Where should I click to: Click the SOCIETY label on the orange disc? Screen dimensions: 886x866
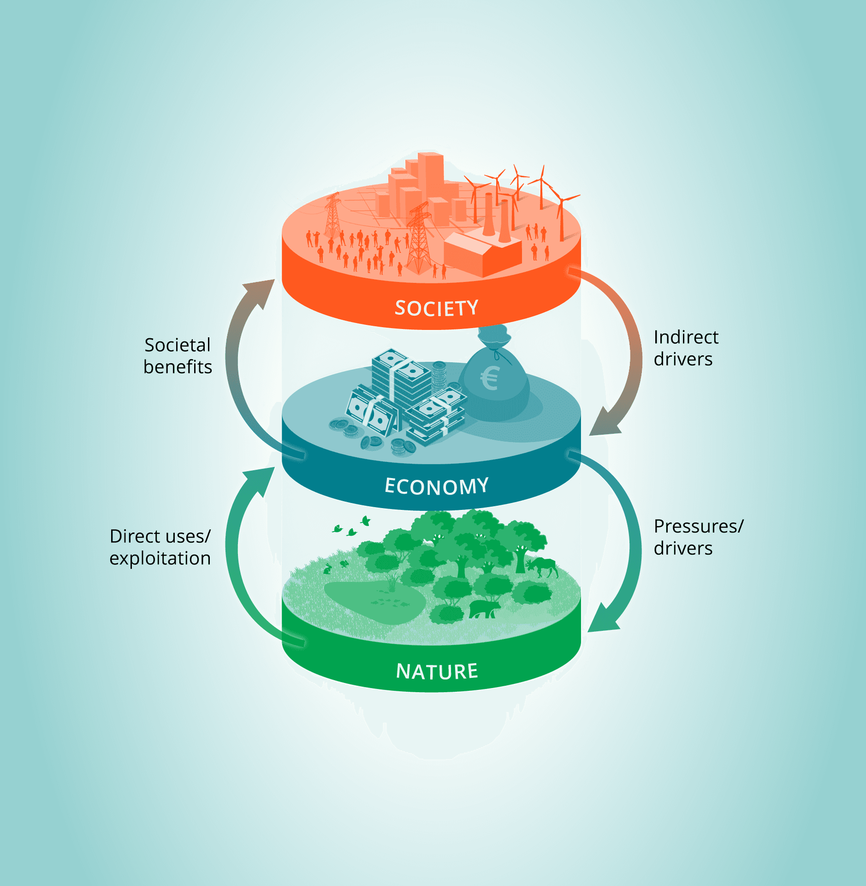click(x=436, y=308)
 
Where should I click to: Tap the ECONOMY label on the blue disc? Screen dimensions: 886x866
click(x=436, y=486)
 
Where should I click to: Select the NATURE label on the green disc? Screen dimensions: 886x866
click(x=437, y=671)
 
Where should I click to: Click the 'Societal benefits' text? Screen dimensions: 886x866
click(x=178, y=356)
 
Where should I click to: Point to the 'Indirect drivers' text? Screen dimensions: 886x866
click(x=686, y=348)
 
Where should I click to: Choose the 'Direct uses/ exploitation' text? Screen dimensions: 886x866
click(x=160, y=547)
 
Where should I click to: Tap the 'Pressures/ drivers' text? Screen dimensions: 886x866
click(x=698, y=537)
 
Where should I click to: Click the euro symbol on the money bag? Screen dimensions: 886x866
click(x=490, y=378)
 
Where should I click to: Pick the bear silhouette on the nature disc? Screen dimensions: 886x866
click(x=484, y=609)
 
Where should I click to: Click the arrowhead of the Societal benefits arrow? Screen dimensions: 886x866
click(x=263, y=291)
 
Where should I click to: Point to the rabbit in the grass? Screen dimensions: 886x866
click(x=328, y=569)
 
